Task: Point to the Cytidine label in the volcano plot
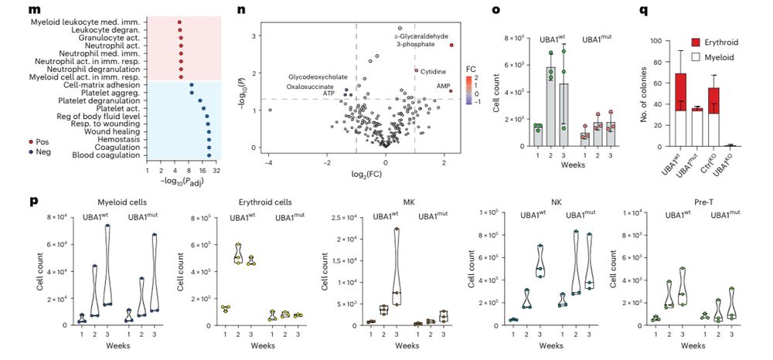(433, 71)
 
